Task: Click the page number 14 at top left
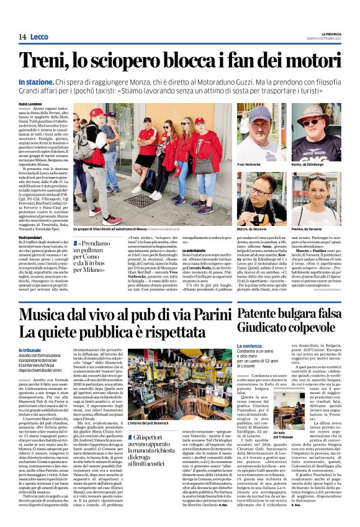point(22,37)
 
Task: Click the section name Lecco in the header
point(39,37)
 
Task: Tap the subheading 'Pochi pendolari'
point(31,237)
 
